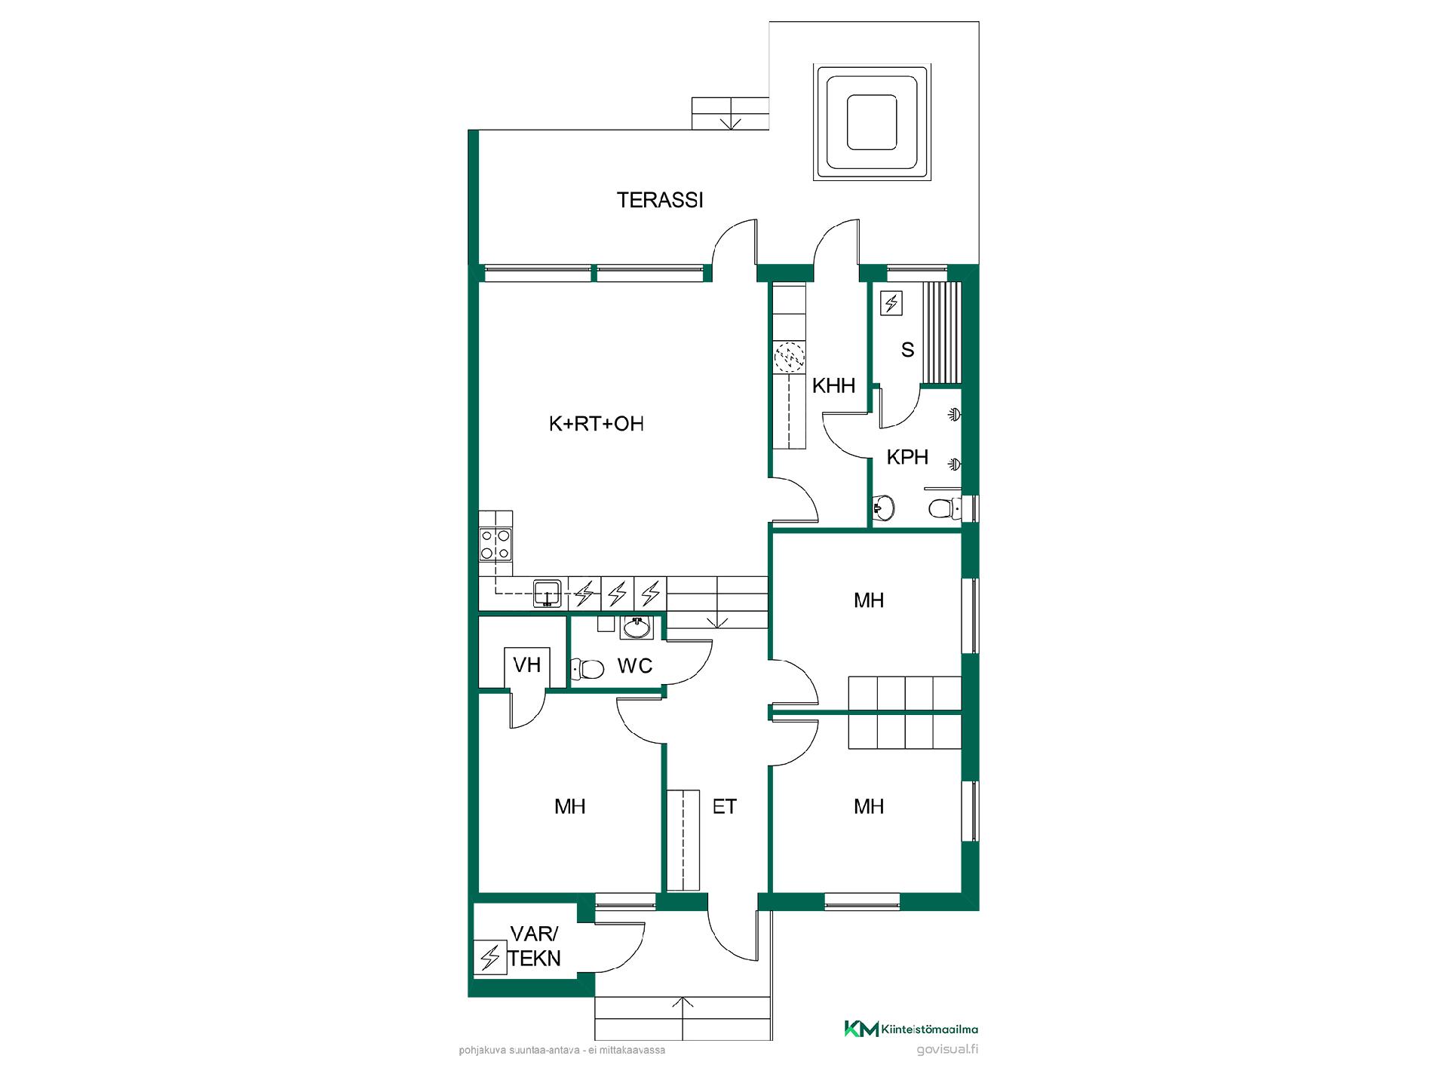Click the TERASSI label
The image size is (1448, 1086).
[x=660, y=200]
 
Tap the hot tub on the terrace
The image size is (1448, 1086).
[x=872, y=122]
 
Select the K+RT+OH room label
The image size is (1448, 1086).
[x=596, y=424]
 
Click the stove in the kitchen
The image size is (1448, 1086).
[x=495, y=544]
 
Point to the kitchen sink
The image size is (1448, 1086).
[x=547, y=593]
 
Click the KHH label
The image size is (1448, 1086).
[x=833, y=385]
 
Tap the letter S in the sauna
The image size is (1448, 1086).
[x=908, y=350]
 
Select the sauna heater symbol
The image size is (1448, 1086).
[x=892, y=303]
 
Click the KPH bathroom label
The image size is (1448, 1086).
[x=907, y=457]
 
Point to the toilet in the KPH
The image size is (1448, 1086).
[x=944, y=508]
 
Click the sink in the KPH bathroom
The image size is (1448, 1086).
[x=883, y=508]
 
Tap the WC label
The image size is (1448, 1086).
[x=634, y=666]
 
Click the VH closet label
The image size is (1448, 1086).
[x=527, y=664]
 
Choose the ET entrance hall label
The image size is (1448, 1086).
[x=724, y=807]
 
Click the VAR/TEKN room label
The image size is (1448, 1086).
[x=534, y=946]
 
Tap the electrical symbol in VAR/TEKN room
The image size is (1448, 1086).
[x=490, y=958]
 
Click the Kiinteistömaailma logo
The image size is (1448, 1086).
[x=911, y=1029]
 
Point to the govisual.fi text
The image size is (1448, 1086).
[x=947, y=1050]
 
